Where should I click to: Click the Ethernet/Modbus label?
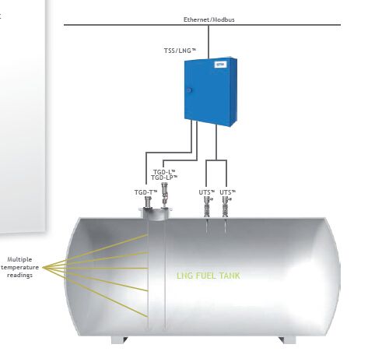[x=209, y=19]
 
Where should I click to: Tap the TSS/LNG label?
[x=180, y=51]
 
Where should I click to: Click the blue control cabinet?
[x=211, y=92]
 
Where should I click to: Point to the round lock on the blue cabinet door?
[x=189, y=90]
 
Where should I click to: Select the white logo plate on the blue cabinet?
[x=220, y=65]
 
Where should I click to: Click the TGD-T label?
[x=145, y=192]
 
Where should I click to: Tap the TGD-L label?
[x=164, y=172]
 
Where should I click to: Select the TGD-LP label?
[x=164, y=177]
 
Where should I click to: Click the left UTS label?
[x=207, y=192]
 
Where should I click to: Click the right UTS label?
[x=228, y=192]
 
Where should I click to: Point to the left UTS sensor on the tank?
[x=208, y=207]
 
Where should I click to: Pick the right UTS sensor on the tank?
[x=226, y=207]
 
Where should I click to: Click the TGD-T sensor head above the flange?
[x=148, y=202]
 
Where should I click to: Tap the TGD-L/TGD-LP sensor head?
[x=164, y=195]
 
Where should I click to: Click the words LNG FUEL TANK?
[x=209, y=276]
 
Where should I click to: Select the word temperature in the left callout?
[x=20, y=267]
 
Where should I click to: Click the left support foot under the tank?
[x=119, y=340]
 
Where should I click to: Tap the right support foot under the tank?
[x=287, y=340]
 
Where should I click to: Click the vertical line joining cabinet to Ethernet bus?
[x=209, y=42]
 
